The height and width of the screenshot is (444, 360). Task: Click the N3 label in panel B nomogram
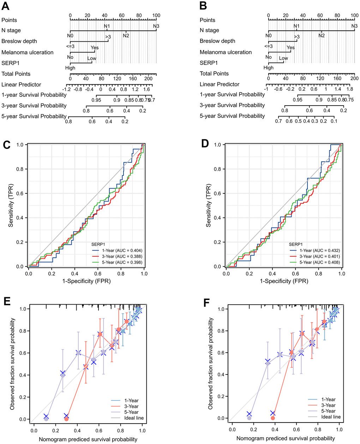click(x=354, y=26)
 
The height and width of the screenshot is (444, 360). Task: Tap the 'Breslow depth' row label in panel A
click(x=19, y=41)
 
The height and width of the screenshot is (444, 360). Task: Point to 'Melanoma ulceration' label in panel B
click(x=226, y=52)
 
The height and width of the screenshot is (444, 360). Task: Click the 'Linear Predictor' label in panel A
click(x=21, y=85)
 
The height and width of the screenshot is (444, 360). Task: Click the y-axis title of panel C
click(x=11, y=205)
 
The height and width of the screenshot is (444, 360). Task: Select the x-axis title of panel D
click(x=284, y=281)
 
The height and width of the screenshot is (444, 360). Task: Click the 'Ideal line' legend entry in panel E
click(x=134, y=418)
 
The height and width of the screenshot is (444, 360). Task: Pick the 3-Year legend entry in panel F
click(x=328, y=406)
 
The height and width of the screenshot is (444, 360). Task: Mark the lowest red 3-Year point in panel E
click(x=66, y=419)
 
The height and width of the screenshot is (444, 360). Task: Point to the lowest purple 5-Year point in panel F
click(x=249, y=418)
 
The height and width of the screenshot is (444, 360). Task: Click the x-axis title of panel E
click(x=88, y=439)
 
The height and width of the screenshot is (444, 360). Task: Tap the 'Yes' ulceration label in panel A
click(x=95, y=48)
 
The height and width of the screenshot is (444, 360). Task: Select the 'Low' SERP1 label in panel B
click(x=283, y=58)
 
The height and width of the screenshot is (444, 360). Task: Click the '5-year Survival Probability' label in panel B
click(x=232, y=116)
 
